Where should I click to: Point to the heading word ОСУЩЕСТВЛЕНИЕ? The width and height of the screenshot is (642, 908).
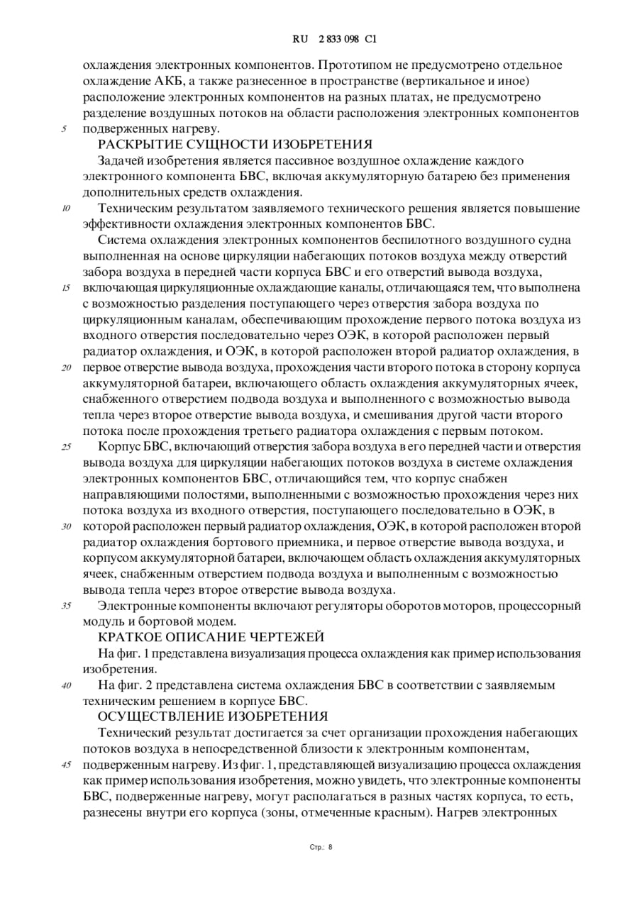coord(162,717)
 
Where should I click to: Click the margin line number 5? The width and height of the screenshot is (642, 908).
coord(64,129)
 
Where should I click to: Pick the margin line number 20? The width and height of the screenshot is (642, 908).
coord(66,368)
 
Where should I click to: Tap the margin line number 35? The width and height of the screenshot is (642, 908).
coord(66,606)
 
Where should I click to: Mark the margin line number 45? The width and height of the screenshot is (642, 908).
coord(66,765)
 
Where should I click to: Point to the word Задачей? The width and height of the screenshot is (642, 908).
coord(123,161)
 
